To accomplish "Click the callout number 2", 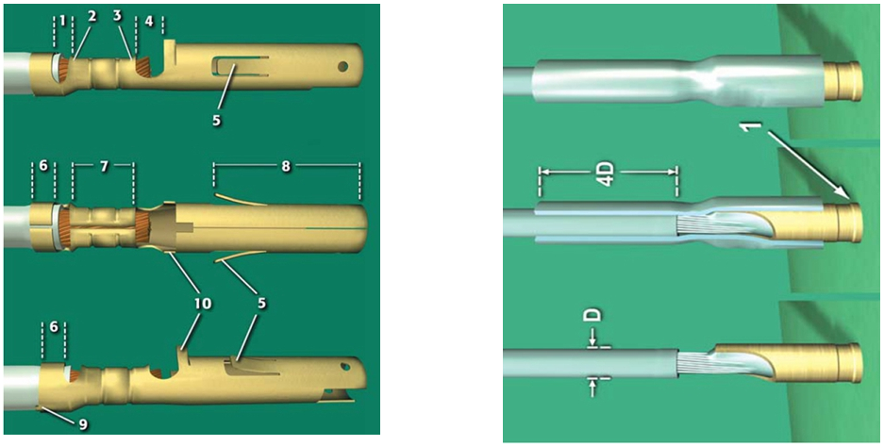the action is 92,16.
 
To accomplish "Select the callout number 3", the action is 117,16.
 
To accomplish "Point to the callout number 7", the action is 104,167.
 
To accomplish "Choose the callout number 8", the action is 286,167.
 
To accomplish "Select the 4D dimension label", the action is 609,170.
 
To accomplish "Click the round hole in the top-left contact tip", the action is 342,66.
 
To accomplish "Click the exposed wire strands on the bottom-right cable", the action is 692,363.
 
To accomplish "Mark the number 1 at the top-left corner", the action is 62,21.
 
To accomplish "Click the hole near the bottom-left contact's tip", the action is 344,367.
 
